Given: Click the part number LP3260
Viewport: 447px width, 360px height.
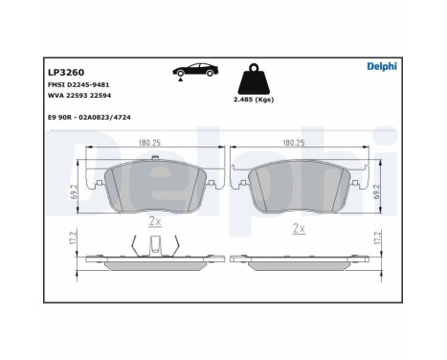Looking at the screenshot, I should click(63, 69).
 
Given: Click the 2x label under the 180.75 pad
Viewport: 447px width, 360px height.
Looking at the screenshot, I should click(154, 220).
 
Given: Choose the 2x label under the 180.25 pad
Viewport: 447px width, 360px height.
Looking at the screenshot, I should click(299, 228).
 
